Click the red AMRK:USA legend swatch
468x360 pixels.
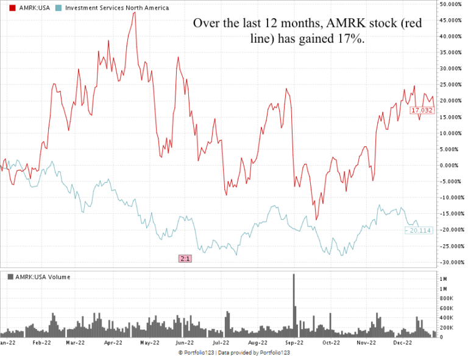pyautogui.click(x=12, y=8)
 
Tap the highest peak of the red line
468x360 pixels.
pyautogui.click(x=135, y=12)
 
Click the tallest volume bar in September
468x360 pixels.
pyautogui.click(x=294, y=305)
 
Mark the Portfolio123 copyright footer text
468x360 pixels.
pyautogui.click(x=234, y=353)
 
